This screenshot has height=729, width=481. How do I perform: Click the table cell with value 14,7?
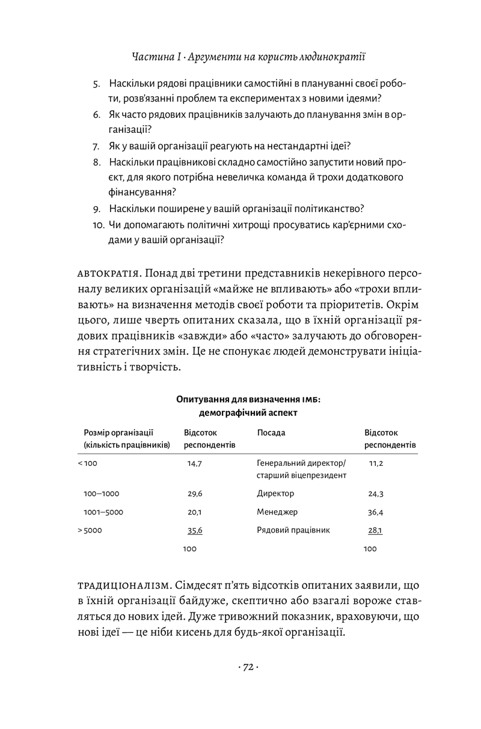[x=194, y=464]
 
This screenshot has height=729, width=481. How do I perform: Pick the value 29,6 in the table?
[x=194, y=494]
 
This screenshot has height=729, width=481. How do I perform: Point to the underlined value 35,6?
[x=194, y=530]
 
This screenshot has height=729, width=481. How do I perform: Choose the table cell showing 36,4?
[x=376, y=512]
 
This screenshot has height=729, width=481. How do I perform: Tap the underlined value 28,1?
[x=375, y=530]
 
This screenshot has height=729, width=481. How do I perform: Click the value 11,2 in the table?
[x=376, y=464]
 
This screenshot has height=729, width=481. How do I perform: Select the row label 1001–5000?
[x=104, y=512]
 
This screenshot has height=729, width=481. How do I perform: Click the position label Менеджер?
[x=277, y=512]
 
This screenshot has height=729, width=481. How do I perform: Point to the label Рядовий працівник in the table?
[x=293, y=530]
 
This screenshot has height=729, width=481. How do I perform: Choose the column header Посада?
[x=271, y=433]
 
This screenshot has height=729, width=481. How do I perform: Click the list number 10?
[x=98, y=225]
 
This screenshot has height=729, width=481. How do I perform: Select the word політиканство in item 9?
[x=327, y=209]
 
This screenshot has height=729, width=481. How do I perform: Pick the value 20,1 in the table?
[x=194, y=512]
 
